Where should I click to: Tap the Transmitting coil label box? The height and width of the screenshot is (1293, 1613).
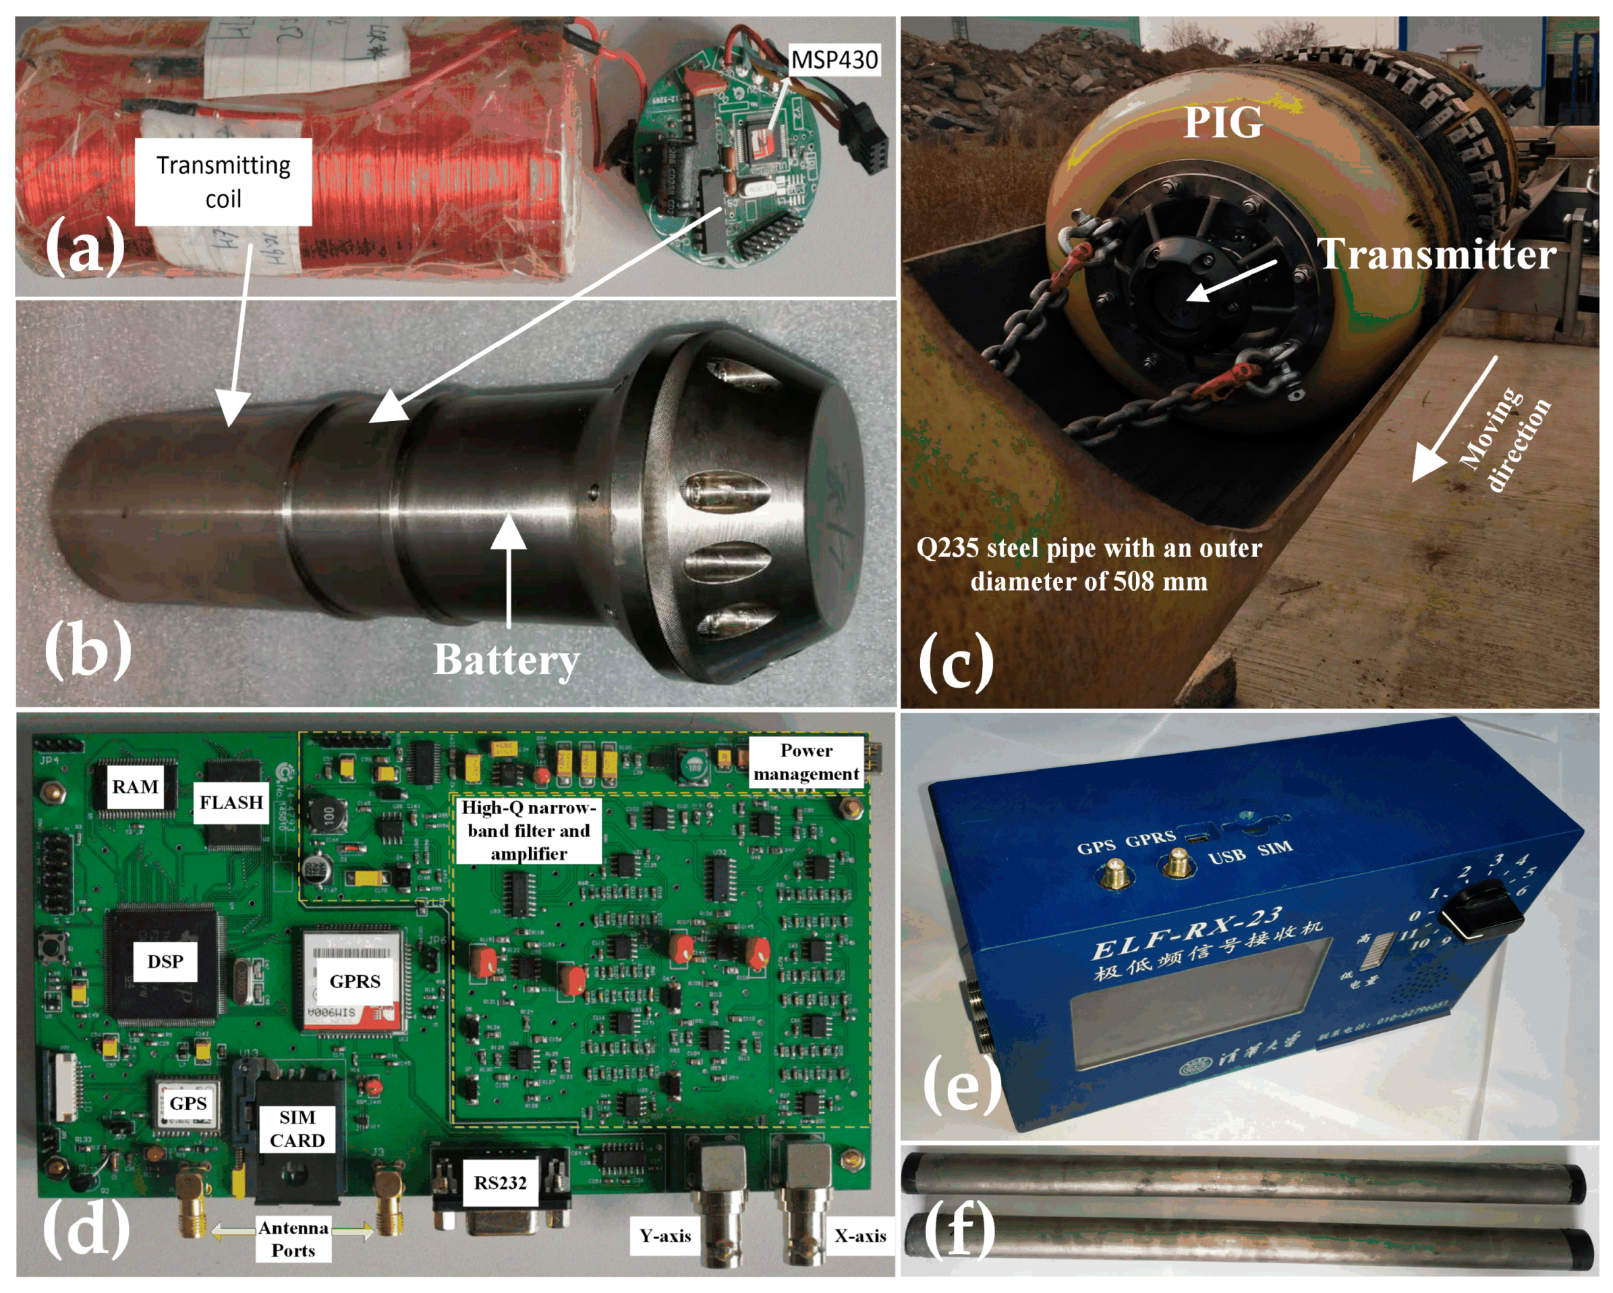point(223,181)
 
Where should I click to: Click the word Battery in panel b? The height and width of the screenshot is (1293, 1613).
point(507,660)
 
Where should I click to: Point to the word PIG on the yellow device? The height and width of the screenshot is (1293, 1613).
point(1222,122)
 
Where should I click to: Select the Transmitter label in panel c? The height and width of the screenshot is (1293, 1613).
point(1436,254)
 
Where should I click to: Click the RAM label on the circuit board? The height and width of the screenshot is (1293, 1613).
point(136,787)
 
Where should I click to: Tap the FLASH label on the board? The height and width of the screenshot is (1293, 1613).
point(231,802)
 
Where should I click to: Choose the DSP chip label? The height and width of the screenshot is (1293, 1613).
point(165,962)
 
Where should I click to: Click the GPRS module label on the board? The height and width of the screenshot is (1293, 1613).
point(355,981)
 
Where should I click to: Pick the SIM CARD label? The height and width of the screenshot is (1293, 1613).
point(297,1128)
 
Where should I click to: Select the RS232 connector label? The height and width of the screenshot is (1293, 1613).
point(500,1183)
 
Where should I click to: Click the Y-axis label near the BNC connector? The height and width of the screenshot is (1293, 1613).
point(664,1236)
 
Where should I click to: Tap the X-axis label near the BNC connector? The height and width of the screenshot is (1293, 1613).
point(859,1236)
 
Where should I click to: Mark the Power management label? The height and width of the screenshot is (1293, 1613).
point(805,762)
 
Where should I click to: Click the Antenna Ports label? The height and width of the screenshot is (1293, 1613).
point(293,1239)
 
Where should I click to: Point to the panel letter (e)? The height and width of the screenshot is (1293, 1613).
point(961,1085)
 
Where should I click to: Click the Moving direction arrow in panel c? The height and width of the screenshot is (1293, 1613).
point(1453,420)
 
